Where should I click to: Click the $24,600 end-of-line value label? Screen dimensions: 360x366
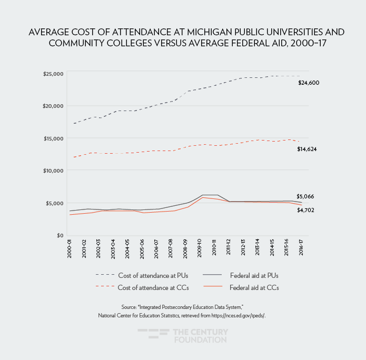coord(309,83)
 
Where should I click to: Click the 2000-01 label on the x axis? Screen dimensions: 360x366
coord(70,249)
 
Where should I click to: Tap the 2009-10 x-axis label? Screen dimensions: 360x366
coord(200,249)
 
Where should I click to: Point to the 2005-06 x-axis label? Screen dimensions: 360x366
coord(142,249)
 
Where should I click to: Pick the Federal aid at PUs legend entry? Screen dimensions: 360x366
coord(254,275)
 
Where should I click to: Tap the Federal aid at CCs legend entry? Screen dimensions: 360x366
coord(254,287)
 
